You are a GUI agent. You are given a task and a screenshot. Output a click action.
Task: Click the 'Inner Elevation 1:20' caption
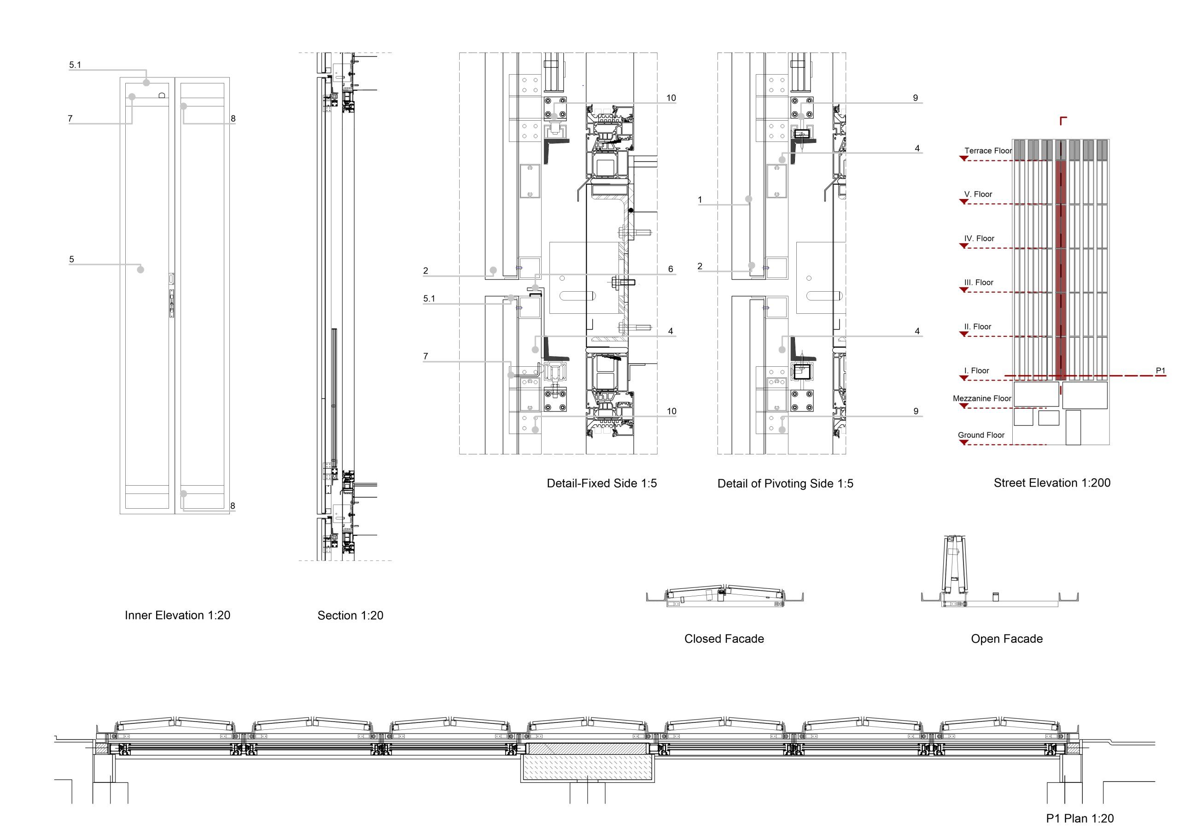177,615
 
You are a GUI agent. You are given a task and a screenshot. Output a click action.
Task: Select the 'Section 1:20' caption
350,615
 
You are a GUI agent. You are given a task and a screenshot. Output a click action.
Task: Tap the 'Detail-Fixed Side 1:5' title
601,483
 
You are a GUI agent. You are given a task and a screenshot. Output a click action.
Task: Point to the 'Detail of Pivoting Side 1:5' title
785,483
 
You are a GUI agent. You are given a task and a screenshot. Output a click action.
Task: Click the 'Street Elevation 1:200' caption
1051,482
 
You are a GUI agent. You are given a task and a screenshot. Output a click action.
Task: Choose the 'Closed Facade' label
724,639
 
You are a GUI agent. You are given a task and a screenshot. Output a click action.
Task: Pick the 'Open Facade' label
1006,639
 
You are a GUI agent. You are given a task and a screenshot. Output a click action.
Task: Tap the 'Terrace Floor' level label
987,151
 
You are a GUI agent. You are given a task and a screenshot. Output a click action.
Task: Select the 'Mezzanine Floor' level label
982,398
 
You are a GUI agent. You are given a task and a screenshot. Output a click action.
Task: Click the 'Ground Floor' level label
981,435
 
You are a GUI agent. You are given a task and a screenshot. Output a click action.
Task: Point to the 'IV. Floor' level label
979,238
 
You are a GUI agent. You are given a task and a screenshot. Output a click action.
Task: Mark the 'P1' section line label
1161,370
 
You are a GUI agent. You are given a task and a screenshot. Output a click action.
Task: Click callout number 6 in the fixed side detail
671,269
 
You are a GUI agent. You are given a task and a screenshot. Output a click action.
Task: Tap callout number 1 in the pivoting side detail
700,200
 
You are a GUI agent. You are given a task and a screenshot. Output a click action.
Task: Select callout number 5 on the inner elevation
72,259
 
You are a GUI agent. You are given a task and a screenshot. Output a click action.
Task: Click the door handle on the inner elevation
171,303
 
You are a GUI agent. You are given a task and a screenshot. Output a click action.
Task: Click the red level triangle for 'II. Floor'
964,334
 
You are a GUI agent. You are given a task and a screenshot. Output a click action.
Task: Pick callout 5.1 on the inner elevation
75,65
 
